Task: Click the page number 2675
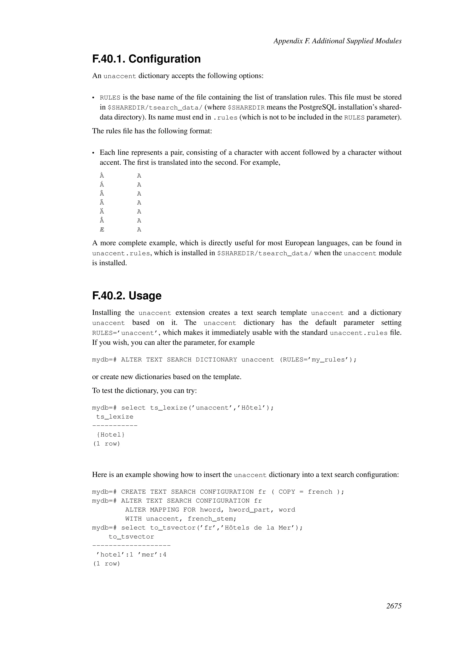tap(394, 606)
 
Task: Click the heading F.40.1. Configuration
tap(146, 59)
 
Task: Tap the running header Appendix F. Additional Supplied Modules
tap(337, 41)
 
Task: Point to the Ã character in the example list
tap(102, 203)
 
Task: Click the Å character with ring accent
tap(102, 221)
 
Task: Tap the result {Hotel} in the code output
tap(110, 435)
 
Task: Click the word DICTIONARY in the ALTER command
tap(216, 360)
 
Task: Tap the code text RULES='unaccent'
tap(125, 333)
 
